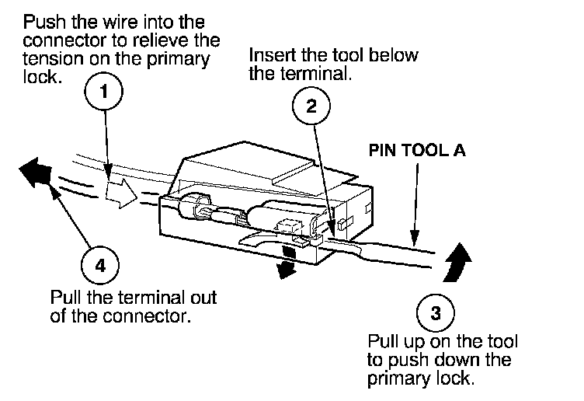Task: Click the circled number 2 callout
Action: pyautogui.click(x=311, y=106)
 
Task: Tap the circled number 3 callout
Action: pyautogui.click(x=436, y=314)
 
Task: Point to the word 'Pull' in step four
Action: pyautogui.click(x=64, y=298)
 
